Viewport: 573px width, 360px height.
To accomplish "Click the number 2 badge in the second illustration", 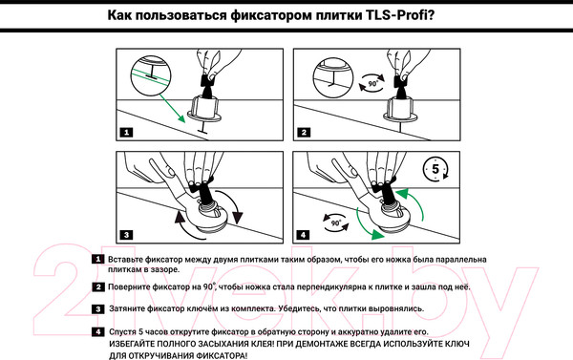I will (x=302, y=132).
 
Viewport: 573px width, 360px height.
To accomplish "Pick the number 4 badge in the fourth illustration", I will (x=302, y=233).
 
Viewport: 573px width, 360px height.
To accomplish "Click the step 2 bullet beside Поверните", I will (x=98, y=286).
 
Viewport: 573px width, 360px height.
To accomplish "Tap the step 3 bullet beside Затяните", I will (x=98, y=309).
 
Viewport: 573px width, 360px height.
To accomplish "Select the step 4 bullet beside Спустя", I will (x=98, y=331).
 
